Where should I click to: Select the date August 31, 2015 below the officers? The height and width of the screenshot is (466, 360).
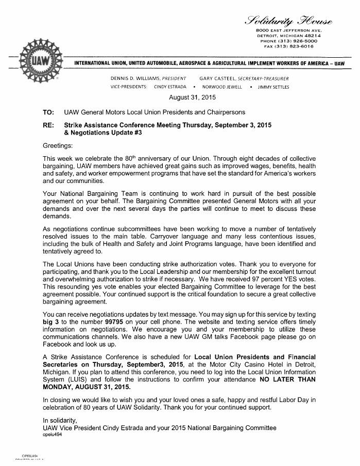[193, 97]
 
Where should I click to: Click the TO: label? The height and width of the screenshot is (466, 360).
[48, 112]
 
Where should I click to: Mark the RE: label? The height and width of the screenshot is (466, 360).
[48, 125]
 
